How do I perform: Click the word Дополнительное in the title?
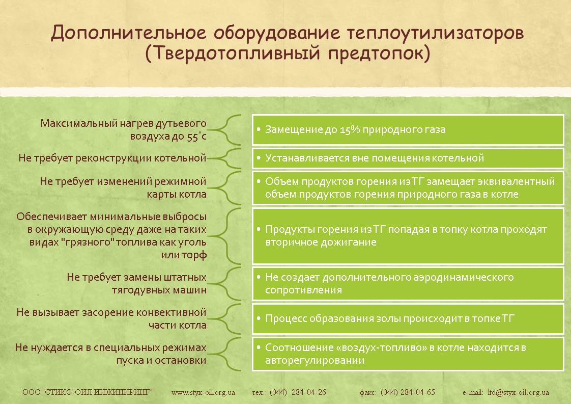pos(129,33)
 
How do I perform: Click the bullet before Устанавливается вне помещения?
pos(258,158)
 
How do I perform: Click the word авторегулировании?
pos(315,361)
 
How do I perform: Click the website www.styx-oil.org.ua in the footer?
pos(203,393)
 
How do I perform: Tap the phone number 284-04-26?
pos(308,392)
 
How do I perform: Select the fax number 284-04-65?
pos(418,392)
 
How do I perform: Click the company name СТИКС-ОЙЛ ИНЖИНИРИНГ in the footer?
pos(97,392)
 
